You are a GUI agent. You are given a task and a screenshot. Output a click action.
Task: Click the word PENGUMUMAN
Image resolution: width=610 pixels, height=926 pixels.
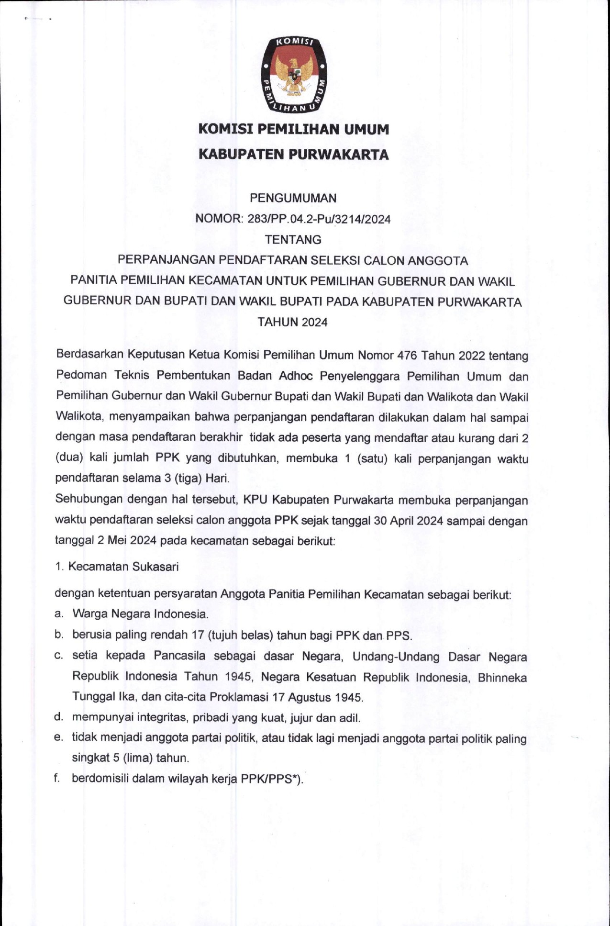[x=293, y=198]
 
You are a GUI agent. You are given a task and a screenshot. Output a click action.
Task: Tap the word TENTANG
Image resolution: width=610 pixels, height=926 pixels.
[x=293, y=240]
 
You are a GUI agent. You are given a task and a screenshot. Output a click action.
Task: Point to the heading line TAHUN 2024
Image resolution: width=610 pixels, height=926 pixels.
[x=293, y=322]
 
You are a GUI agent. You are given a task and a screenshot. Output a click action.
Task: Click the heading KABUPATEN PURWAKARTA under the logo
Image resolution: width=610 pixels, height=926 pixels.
[x=293, y=155]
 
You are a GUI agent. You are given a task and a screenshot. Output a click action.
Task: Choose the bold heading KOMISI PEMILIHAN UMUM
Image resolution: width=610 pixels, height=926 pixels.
[x=293, y=129]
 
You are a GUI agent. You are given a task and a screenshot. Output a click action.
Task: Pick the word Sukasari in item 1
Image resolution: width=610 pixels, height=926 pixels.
[x=155, y=567]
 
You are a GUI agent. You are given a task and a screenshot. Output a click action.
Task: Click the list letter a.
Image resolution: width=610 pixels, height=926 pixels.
[x=59, y=614]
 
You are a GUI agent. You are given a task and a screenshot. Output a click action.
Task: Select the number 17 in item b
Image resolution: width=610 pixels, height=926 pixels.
[x=198, y=635]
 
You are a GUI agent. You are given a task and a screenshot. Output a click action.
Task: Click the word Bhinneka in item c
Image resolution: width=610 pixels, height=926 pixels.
[x=502, y=678]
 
